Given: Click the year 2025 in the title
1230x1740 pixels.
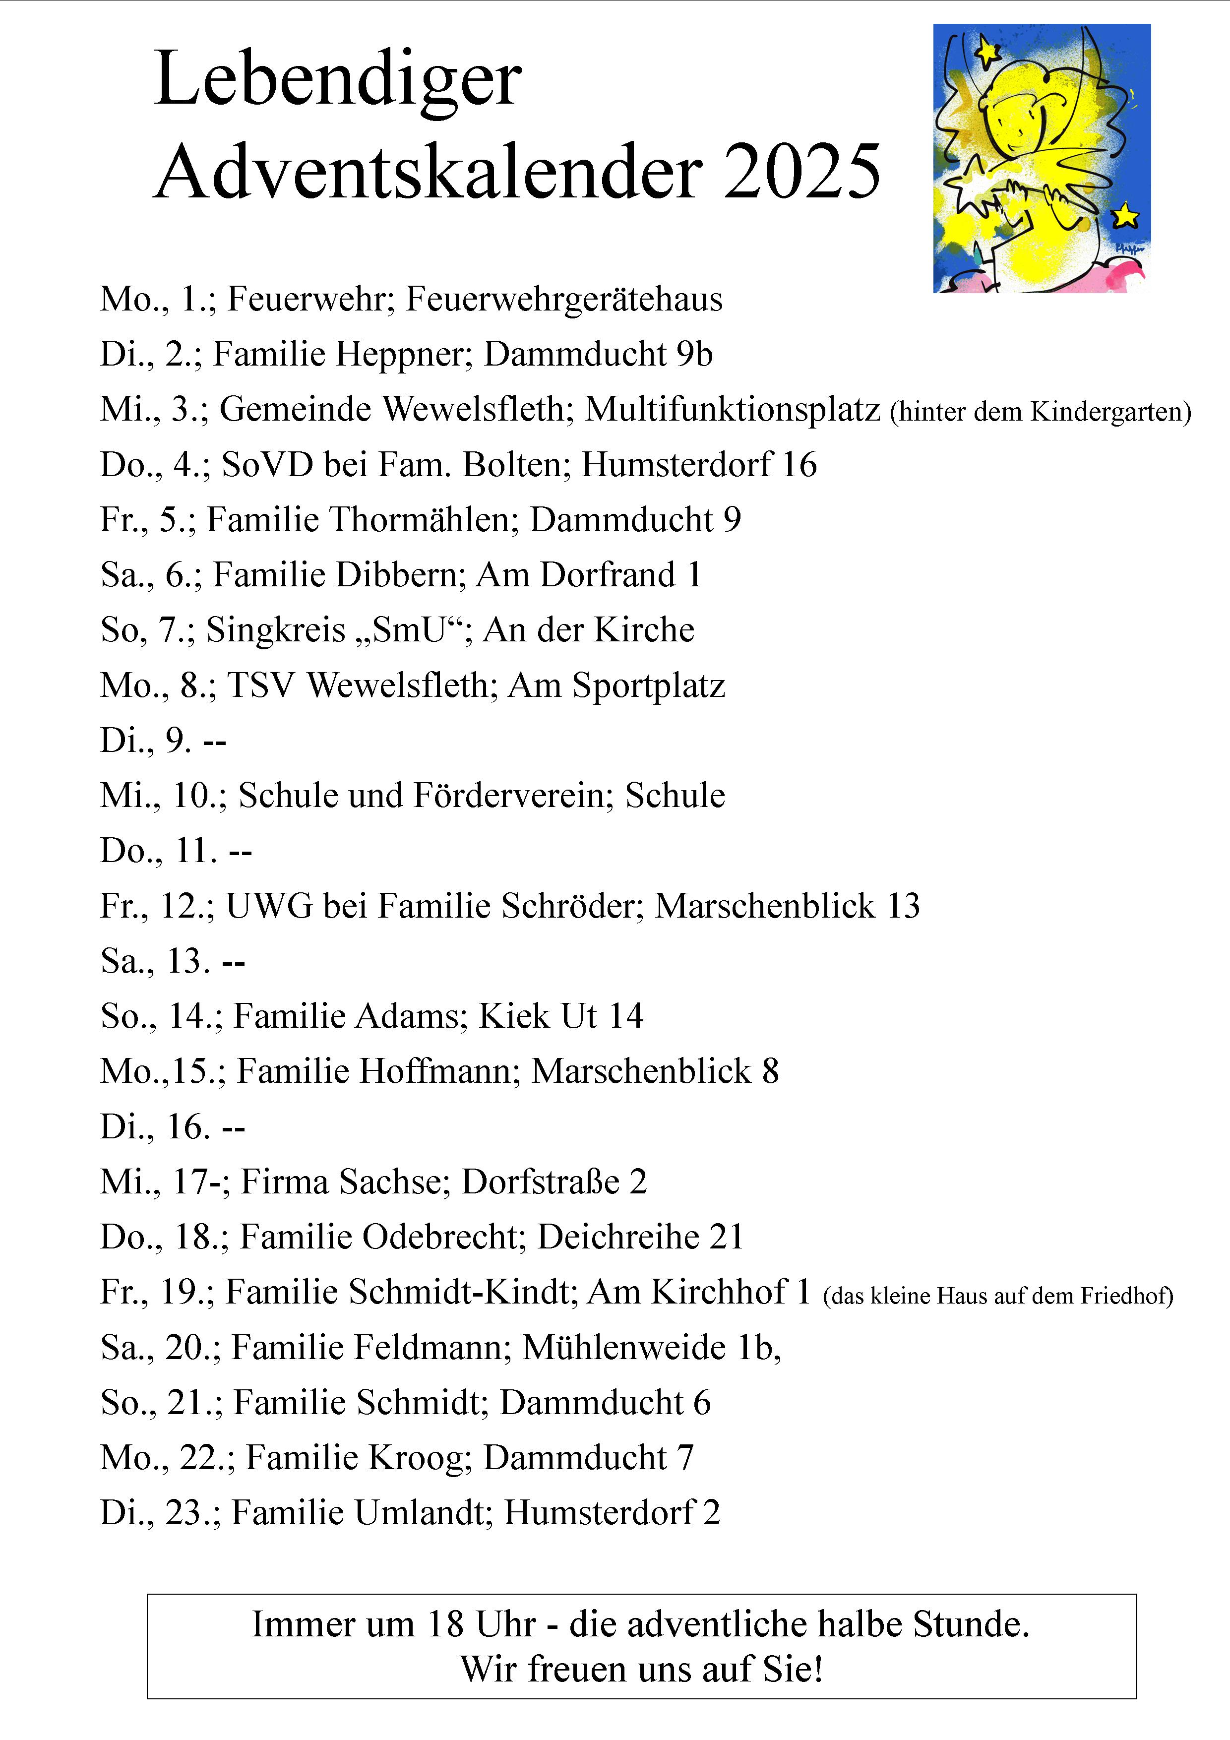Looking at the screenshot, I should [802, 173].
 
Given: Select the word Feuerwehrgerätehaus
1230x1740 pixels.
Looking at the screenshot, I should [564, 300].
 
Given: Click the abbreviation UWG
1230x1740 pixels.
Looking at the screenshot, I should [269, 906].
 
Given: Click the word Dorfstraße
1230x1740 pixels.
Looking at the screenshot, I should [540, 1182].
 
